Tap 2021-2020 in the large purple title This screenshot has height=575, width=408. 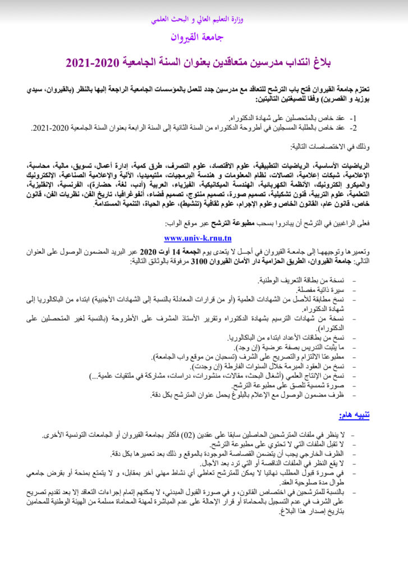(x=91, y=62)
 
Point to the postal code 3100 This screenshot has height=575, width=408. (x=201, y=261)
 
